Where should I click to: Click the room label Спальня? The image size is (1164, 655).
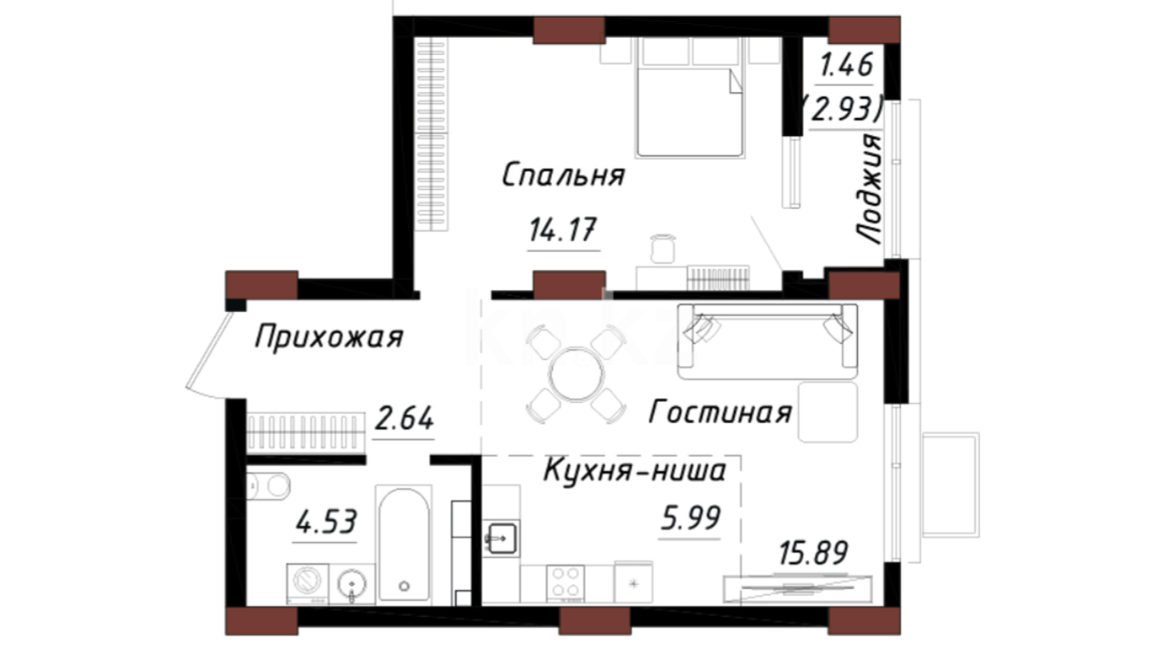click(x=563, y=175)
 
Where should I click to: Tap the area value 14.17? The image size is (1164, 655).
click(x=563, y=230)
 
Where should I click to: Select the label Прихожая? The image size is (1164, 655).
click(x=329, y=337)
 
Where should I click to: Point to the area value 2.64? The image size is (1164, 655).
click(x=404, y=418)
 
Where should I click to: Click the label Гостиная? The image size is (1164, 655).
click(x=721, y=412)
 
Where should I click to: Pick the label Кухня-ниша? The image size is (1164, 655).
click(x=635, y=470)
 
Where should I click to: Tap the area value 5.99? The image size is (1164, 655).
click(x=691, y=518)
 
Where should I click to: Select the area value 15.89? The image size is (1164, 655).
click(x=814, y=553)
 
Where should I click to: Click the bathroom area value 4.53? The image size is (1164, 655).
click(x=326, y=522)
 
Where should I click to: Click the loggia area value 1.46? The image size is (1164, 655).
click(x=846, y=64)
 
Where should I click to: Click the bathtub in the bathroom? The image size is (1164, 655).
click(x=404, y=545)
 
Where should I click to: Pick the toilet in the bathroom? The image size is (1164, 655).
click(x=269, y=486)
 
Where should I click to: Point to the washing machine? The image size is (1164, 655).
click(x=307, y=584)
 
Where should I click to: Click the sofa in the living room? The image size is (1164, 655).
click(x=768, y=341)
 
